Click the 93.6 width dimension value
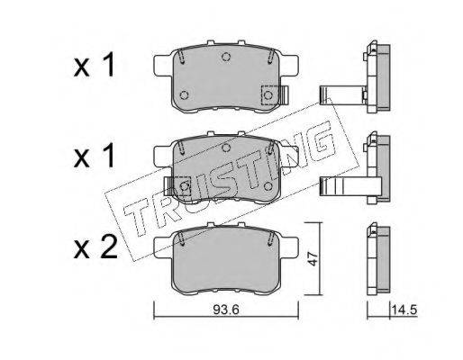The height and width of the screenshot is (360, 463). coord(226,310)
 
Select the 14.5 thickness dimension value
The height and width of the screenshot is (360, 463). coord(404,310)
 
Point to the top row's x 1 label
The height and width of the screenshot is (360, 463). coord(94,64)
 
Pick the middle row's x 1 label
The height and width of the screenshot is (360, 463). coord(94,155)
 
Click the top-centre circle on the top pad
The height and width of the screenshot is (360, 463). coord(226,57)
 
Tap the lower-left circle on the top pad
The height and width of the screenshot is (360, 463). coord(184,95)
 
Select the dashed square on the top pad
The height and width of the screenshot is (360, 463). coord(270,95)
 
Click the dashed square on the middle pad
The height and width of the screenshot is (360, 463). coord(182,186)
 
